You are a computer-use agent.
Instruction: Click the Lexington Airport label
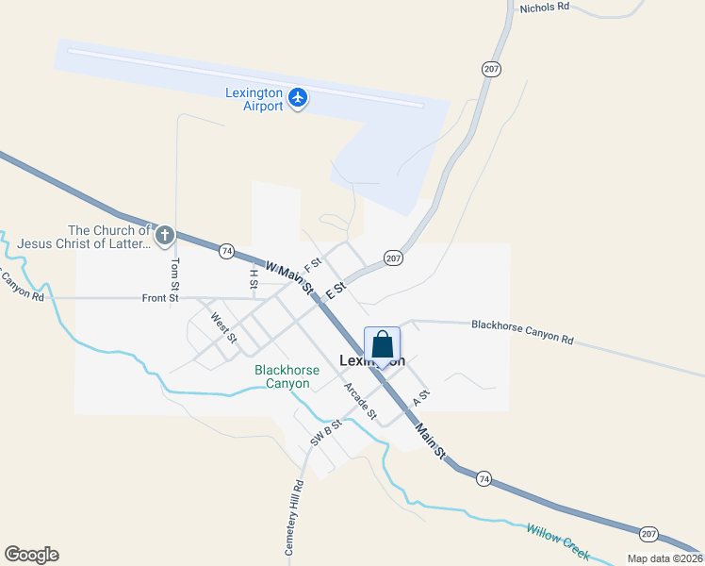tap(254, 99)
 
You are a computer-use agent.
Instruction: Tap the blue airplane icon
tap(298, 97)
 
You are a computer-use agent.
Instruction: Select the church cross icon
tap(164, 235)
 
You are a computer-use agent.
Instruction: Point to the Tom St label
tap(174, 274)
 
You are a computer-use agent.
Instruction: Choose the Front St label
tap(160, 298)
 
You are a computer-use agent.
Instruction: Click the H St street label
tap(254, 277)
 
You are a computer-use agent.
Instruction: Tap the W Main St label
tap(288, 277)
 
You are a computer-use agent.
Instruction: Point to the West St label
tap(223, 328)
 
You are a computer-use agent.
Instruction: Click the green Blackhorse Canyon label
tap(282, 377)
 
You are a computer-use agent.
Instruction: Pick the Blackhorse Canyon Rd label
tap(522, 331)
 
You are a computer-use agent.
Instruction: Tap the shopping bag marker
tap(382, 345)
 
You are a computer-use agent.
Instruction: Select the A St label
tap(420, 399)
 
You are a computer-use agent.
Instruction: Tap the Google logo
tap(31, 555)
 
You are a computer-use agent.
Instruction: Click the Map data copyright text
tap(664, 558)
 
